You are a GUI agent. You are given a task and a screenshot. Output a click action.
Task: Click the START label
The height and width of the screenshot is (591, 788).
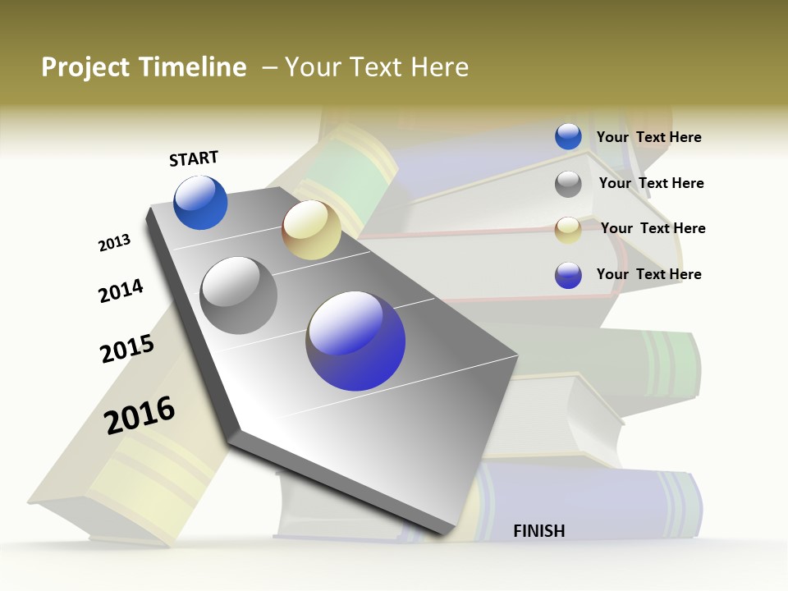[x=194, y=158]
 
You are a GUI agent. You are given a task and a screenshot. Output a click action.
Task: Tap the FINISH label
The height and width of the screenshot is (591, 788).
[x=538, y=531]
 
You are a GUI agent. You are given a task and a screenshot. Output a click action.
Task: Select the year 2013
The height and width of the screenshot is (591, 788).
[x=114, y=243]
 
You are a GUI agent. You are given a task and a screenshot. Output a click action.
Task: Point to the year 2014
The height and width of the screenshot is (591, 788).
[x=121, y=291]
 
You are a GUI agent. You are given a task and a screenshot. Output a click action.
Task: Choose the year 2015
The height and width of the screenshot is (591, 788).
[x=127, y=349]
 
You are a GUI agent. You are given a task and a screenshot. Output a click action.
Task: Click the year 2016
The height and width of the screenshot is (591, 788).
[x=140, y=415]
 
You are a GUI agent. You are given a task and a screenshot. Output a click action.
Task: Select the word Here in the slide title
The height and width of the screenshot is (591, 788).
[x=439, y=67]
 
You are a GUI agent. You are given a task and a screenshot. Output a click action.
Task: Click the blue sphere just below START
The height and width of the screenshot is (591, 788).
[x=200, y=203]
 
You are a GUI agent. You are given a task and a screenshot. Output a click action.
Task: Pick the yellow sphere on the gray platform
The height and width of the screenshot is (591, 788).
[x=311, y=230]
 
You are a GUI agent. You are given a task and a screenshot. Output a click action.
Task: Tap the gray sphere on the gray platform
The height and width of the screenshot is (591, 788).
[x=238, y=295]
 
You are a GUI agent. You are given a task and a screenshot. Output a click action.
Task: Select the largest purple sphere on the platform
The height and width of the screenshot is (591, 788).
[x=355, y=341]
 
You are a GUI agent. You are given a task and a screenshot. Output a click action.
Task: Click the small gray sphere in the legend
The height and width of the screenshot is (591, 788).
[x=568, y=184]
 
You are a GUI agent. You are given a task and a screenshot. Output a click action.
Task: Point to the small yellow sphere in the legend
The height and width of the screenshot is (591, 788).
[x=568, y=230]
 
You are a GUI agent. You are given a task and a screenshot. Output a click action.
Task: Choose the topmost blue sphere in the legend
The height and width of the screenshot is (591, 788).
[x=568, y=136]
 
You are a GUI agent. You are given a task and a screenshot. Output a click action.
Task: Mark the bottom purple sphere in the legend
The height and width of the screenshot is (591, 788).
[x=568, y=275]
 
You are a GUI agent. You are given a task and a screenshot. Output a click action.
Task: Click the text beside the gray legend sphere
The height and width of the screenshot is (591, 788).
[x=651, y=183]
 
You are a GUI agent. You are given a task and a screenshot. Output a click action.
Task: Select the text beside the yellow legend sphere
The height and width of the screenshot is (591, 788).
[x=653, y=228]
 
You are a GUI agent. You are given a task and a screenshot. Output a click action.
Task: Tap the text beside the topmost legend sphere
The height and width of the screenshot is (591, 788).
[x=648, y=137]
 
